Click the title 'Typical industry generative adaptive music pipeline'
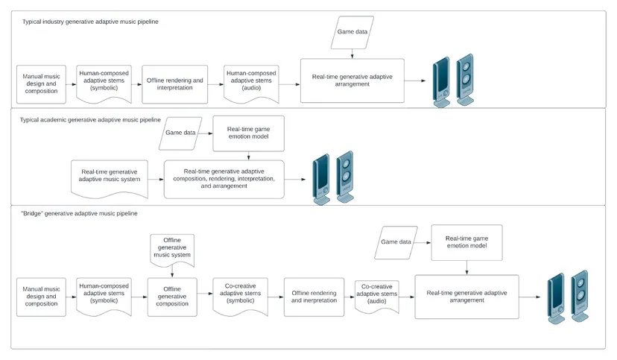click(90, 22)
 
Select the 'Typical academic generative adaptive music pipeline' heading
click(90, 119)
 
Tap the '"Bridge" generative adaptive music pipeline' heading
click(79, 213)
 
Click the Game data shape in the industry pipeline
click(352, 32)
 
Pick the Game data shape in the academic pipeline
click(180, 133)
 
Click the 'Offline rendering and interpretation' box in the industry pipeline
click(174, 84)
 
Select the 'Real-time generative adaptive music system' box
click(110, 179)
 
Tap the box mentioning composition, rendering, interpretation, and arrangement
click(224, 179)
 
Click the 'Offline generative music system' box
click(172, 250)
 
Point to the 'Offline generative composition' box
click(172, 297)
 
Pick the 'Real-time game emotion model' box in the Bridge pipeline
click(466, 242)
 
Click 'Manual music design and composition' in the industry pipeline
click(41, 84)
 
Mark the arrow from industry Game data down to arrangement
click(352, 54)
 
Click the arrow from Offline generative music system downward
click(172, 272)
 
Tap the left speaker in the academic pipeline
click(321, 180)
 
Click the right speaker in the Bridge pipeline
click(580, 296)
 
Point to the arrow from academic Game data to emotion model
click(205, 133)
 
